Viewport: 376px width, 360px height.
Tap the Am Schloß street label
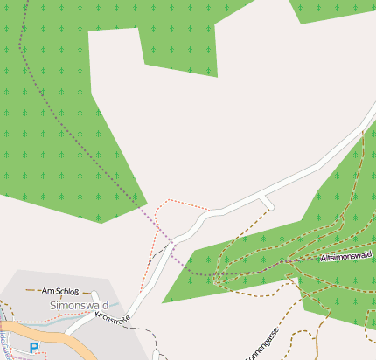[60, 290]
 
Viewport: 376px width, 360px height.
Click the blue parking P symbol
[34, 348]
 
